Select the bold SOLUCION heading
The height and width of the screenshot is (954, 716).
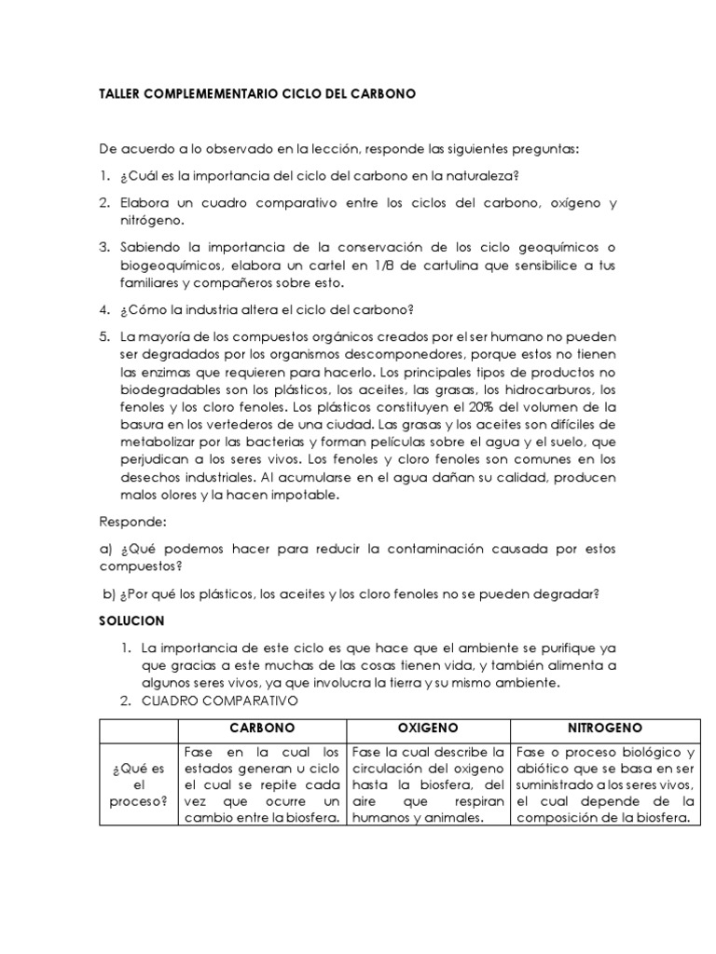tap(131, 620)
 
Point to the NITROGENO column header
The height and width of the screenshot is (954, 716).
tap(604, 727)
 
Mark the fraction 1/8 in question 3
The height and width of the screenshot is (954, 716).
tap(385, 265)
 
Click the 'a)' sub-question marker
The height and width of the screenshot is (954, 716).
tap(105, 550)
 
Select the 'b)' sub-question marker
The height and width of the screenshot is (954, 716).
tap(109, 593)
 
